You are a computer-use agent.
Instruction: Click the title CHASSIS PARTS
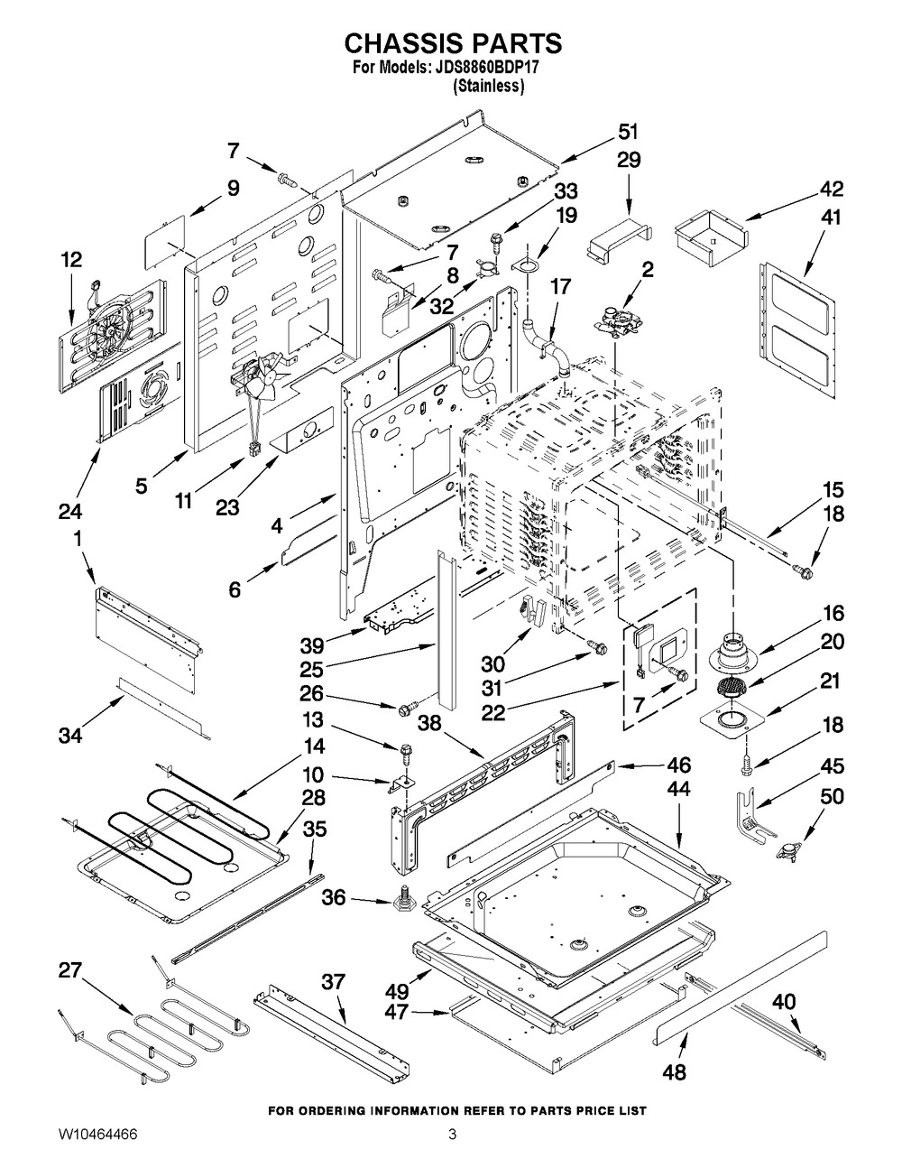453,43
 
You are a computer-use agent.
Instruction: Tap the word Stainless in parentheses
488,86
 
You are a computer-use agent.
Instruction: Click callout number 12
71,260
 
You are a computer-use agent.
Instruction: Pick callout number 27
71,970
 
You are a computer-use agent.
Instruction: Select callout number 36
334,897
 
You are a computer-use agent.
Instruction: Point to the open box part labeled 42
711,238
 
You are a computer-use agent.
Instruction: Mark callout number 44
678,789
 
